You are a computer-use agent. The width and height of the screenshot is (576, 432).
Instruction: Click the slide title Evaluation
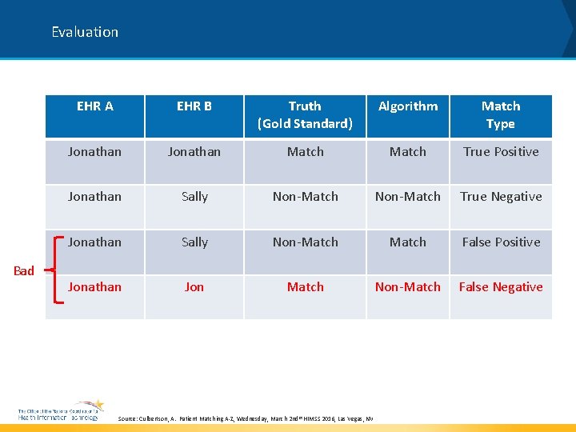click(85, 32)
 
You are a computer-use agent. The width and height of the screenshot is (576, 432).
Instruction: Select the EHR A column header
click(94, 106)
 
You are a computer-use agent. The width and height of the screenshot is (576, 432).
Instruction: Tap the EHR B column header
click(194, 106)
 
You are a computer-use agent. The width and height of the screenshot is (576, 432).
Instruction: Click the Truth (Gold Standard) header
click(305, 114)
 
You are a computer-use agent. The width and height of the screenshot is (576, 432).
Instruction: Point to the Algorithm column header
click(408, 106)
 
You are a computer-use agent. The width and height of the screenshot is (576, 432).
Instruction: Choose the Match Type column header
click(501, 114)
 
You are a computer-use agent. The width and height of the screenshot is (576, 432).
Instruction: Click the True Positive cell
click(501, 151)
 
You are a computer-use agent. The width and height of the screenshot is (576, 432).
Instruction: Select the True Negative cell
click(501, 196)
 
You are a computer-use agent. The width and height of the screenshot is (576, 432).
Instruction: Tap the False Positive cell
click(501, 242)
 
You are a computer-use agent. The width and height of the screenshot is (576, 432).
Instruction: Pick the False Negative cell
click(501, 286)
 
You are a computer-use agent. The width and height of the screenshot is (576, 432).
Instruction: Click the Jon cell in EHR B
click(194, 286)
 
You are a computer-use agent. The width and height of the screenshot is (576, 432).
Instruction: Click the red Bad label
click(24, 270)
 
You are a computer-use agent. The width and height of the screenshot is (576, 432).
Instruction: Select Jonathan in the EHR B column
click(194, 151)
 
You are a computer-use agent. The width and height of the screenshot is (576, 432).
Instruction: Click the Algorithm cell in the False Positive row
click(408, 242)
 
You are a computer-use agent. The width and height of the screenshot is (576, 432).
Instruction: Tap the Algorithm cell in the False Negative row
click(408, 286)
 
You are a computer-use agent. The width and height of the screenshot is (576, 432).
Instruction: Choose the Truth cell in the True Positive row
click(305, 151)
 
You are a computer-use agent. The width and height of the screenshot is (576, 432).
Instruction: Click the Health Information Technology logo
click(61, 411)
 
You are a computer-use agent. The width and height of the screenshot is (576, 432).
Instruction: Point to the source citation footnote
click(245, 418)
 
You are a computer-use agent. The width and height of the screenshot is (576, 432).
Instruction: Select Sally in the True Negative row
click(194, 196)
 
